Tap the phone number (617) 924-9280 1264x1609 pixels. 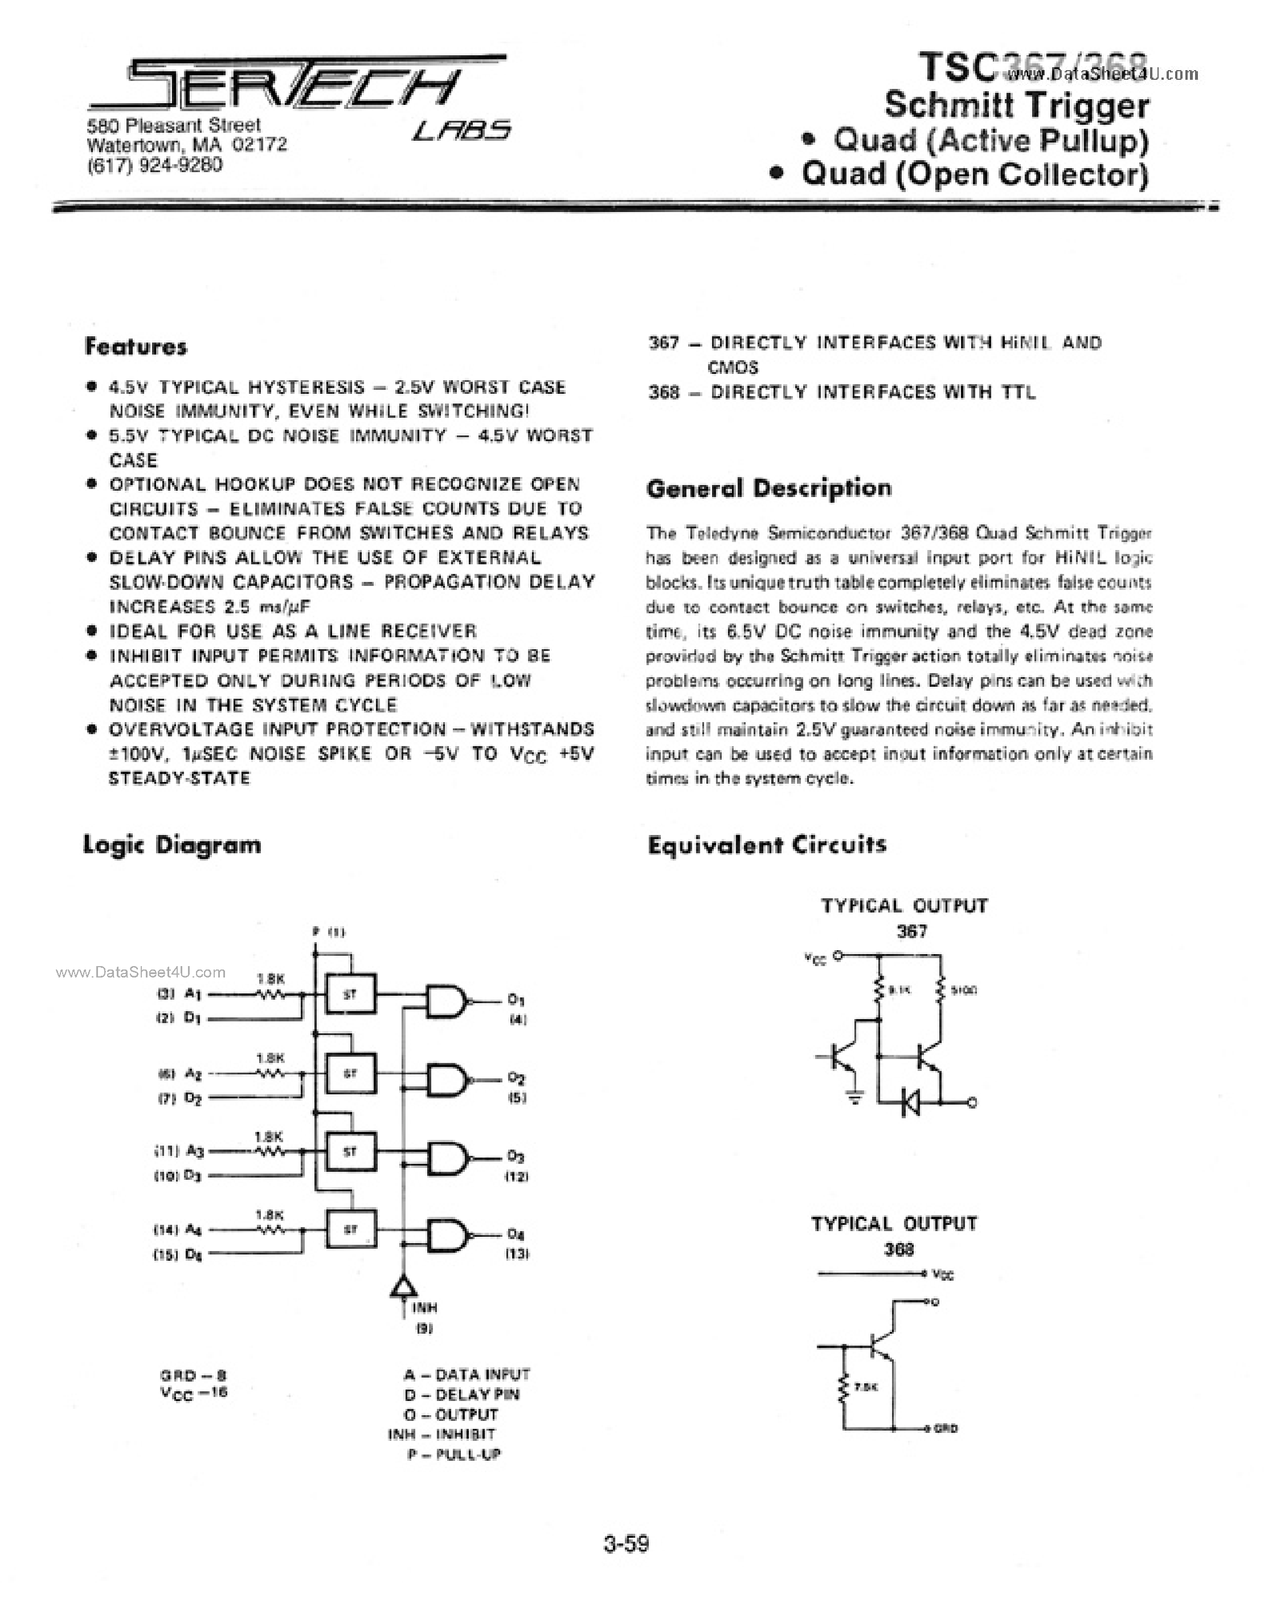154,164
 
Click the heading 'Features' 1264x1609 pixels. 136,347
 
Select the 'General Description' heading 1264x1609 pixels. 768,488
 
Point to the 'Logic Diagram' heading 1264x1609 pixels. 171,845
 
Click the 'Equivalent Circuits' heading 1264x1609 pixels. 767,845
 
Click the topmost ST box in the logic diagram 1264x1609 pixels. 350,995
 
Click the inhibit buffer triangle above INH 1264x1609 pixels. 403,1286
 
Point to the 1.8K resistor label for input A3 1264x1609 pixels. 268,1137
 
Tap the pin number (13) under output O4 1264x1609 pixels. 517,1253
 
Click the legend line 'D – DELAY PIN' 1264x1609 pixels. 462,1394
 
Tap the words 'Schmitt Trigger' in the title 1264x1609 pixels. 1017,104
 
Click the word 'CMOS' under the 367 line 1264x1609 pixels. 733,367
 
